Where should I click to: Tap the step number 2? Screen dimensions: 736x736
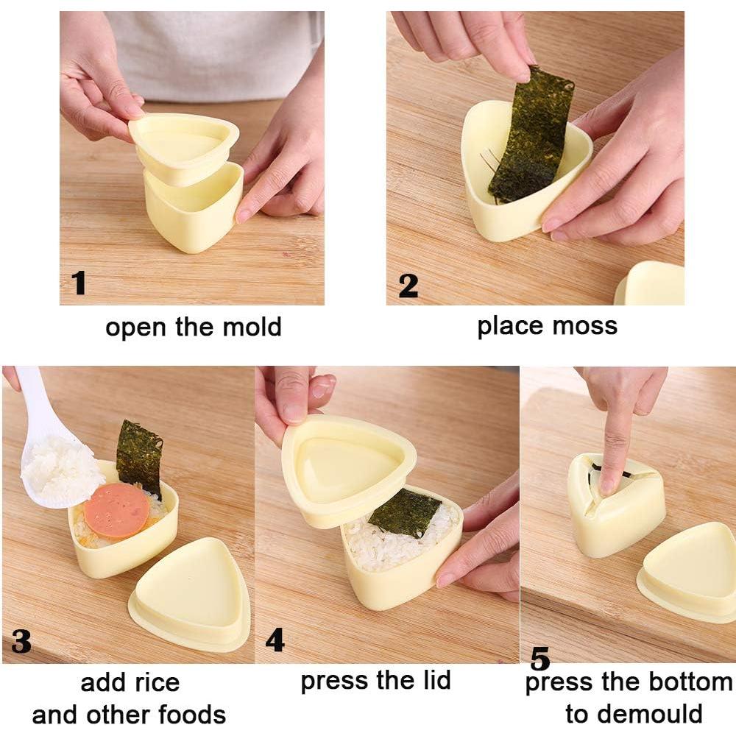pos(408,286)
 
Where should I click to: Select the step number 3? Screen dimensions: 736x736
pos(21,641)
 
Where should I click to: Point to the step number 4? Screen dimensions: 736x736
pos(275,640)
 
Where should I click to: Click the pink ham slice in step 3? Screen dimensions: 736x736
pos(116,509)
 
